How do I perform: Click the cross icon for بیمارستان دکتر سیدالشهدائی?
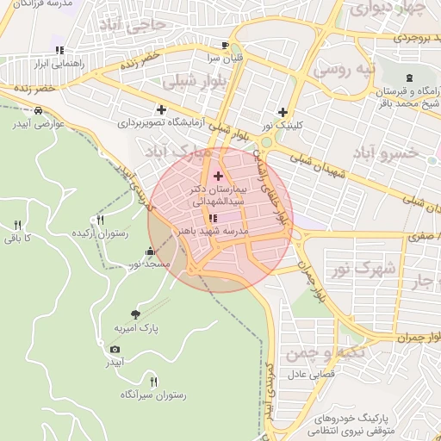coord(217,175)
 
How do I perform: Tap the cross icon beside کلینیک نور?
coord(283,111)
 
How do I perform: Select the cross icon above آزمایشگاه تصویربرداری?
coord(161,109)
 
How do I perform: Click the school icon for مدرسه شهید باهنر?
coord(213,219)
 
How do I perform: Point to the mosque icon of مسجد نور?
coord(151,252)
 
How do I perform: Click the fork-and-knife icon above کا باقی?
coord(15,225)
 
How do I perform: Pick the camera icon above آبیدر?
coord(115,349)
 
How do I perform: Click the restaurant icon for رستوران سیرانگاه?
coord(153,382)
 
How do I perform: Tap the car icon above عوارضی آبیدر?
coord(40,110)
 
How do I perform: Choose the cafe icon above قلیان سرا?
coord(225,45)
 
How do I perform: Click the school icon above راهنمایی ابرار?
coord(59,50)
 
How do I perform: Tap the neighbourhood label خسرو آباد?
coord(386,152)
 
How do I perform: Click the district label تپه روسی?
coord(343,67)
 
